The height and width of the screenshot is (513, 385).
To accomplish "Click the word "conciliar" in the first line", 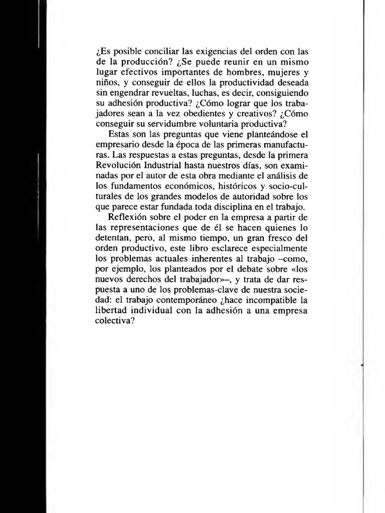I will [150, 52].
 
